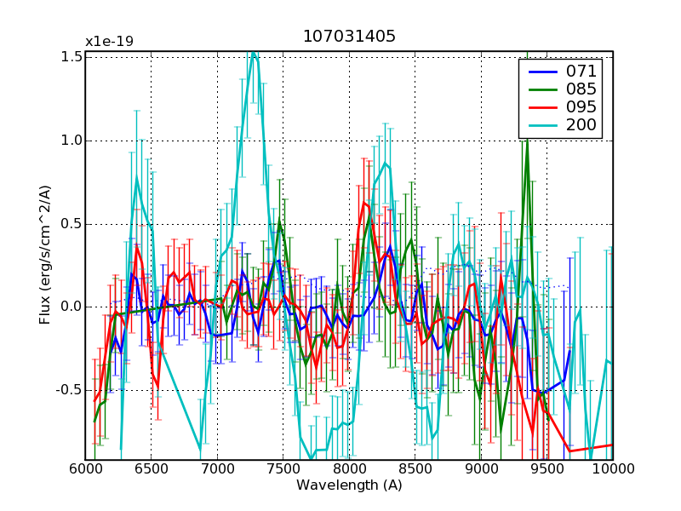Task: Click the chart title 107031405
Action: [349, 37]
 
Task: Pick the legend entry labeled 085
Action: [581, 89]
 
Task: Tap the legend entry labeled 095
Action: [581, 107]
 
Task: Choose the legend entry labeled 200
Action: [581, 126]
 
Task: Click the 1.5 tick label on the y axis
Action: [72, 57]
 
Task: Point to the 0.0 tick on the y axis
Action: [72, 307]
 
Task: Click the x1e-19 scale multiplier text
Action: [109, 42]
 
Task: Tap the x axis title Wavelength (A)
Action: [349, 485]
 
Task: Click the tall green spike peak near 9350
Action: [527, 141]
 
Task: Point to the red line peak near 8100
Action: [363, 202]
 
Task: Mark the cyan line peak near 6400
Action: [136, 178]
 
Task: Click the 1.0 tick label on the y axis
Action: [72, 141]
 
